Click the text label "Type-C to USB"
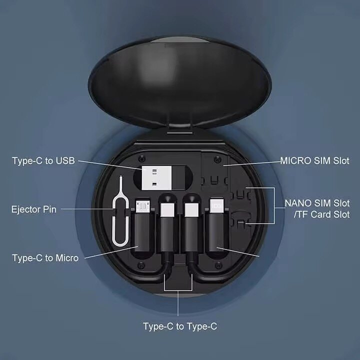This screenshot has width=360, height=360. click(x=44, y=160)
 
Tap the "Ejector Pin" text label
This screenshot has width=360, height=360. click(x=33, y=208)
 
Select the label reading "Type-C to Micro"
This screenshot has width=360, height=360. click(x=45, y=258)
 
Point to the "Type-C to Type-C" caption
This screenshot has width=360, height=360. click(x=180, y=326)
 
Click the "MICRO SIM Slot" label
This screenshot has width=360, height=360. click(x=314, y=160)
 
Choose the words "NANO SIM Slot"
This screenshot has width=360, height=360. click(x=317, y=203)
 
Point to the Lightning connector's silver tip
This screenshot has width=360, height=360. click(x=216, y=205)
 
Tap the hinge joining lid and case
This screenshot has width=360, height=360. click(x=180, y=129)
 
